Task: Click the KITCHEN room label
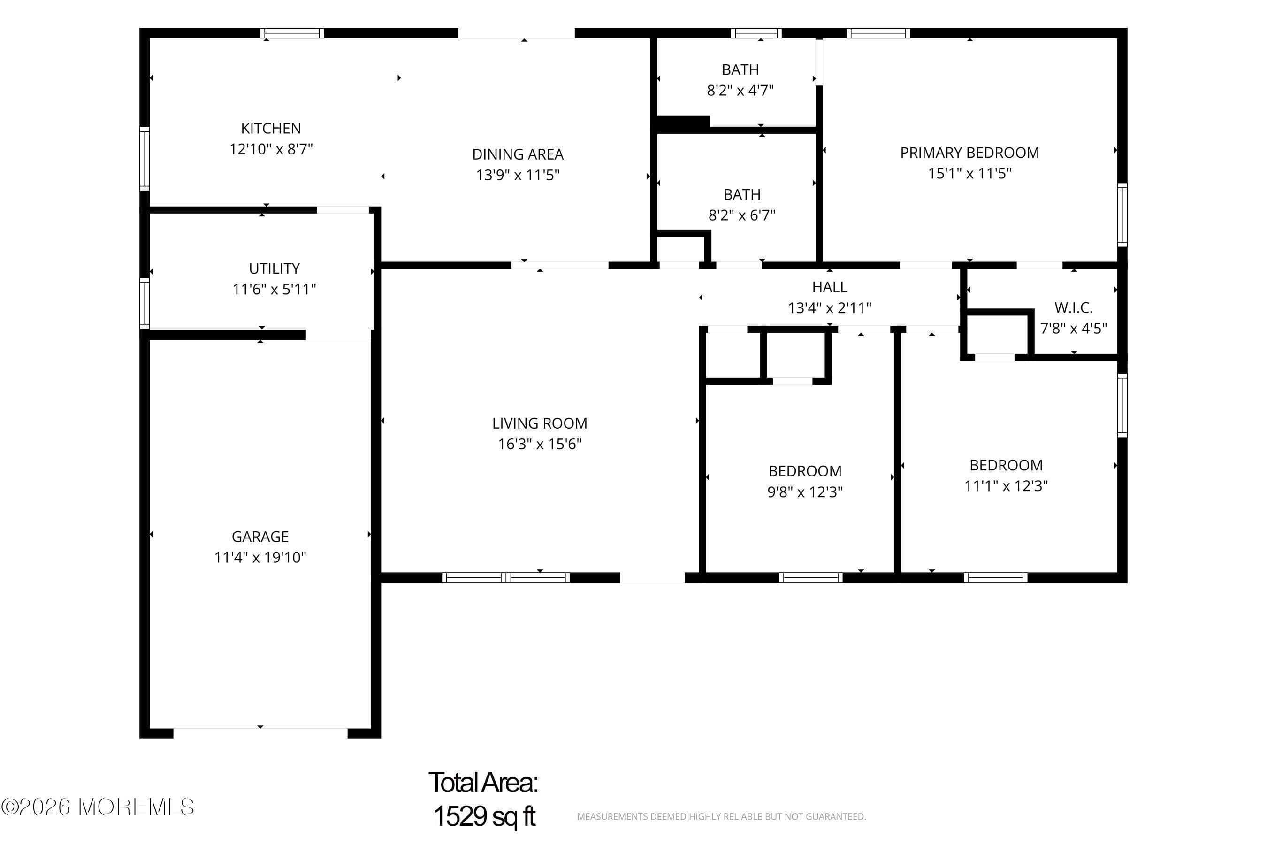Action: click(271, 128)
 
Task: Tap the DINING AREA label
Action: click(518, 154)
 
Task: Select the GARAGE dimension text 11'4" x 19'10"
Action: click(260, 557)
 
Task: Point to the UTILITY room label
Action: click(274, 269)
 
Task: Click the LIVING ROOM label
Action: click(540, 423)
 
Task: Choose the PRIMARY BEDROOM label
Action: click(969, 153)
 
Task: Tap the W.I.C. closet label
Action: click(1074, 307)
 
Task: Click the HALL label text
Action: click(830, 287)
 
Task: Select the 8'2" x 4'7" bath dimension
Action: click(740, 90)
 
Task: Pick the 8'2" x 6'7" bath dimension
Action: click(742, 215)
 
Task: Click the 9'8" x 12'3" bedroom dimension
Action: click(805, 492)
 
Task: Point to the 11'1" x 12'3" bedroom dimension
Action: click(1006, 485)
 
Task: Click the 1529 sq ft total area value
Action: click(484, 816)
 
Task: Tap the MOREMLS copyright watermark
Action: click(98, 807)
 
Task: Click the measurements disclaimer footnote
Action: click(721, 816)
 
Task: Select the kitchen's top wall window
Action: click(292, 33)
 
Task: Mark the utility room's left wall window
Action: click(145, 303)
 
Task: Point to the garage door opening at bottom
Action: click(260, 733)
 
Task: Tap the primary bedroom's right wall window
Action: click(1122, 215)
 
